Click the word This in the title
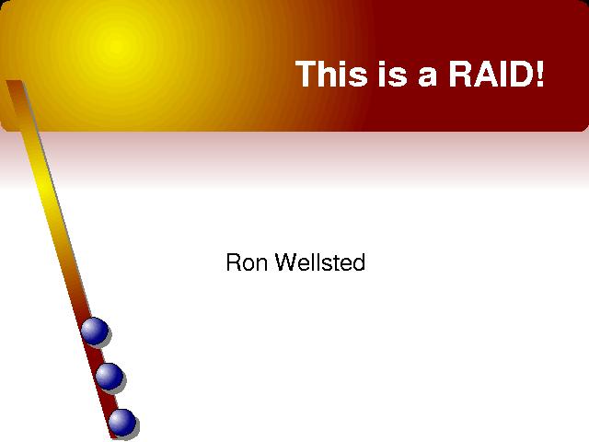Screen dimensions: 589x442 331,74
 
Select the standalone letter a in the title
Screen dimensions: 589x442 428,76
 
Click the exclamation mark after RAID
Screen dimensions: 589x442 539,74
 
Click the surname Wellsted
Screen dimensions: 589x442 320,262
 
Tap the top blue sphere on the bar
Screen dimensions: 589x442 94,331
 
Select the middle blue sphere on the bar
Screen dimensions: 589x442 109,377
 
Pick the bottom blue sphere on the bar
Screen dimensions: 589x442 122,422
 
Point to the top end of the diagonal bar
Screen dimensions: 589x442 15,81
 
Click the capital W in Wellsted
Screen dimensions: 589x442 289,262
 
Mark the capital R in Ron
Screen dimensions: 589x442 234,262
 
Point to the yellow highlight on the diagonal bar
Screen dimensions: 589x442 46,188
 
